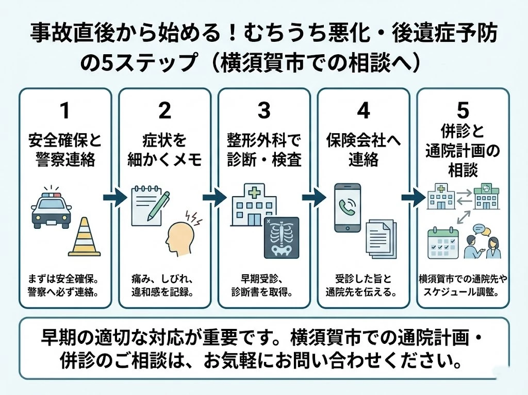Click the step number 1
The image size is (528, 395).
64,110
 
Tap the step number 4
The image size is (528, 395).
363,110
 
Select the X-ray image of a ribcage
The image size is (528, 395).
281,237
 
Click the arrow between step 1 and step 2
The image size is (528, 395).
114,197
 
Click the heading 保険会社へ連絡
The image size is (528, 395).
363,150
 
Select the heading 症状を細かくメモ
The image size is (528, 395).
164,150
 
